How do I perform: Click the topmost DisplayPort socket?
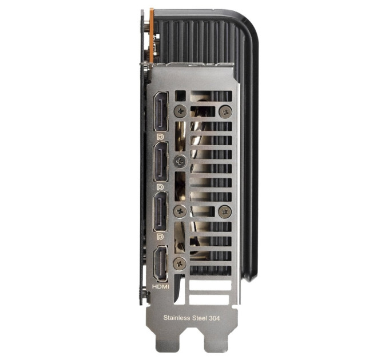tap(161, 111)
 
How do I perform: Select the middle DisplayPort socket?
tap(161, 162)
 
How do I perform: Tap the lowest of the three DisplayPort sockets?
tap(160, 211)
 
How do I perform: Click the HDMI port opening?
tap(161, 263)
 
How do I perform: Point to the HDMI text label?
tap(161, 287)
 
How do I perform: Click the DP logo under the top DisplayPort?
tap(160, 137)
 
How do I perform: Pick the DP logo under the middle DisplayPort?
tap(160, 187)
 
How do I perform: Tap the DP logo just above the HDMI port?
tap(160, 237)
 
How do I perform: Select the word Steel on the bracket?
tap(199, 318)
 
